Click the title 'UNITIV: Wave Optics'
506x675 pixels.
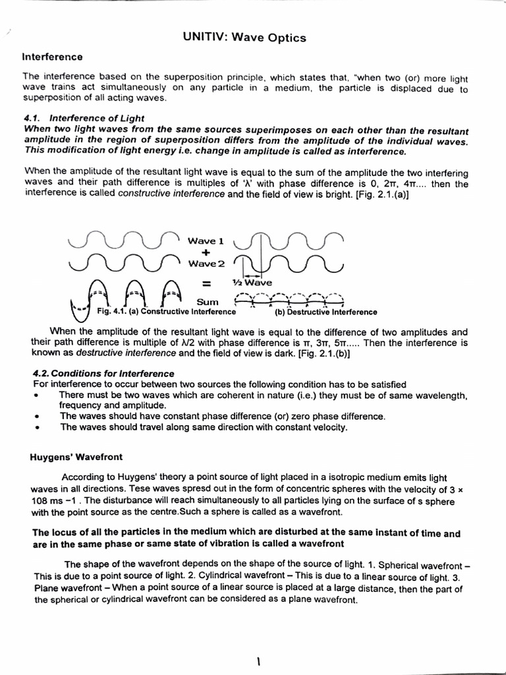244,38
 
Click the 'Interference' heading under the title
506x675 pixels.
53,57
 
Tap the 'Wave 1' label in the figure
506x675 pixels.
208,241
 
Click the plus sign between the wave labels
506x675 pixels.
206,252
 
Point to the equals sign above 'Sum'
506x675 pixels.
206,285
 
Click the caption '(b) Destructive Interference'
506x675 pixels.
325,312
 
